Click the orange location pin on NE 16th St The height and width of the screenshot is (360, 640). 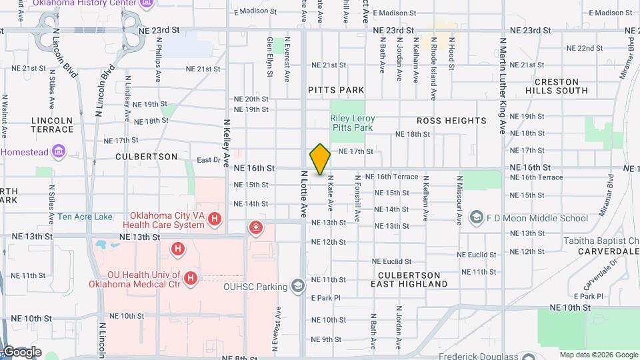(x=320, y=159)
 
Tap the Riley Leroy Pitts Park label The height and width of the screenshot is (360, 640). (x=353, y=123)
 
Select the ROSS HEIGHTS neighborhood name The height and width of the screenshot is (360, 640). (x=451, y=121)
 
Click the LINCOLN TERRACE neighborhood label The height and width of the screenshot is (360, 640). (x=51, y=125)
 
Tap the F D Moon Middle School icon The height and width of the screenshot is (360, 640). (x=477, y=217)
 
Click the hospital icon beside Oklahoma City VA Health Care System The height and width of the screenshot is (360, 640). (x=215, y=218)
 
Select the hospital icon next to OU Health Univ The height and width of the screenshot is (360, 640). (x=191, y=277)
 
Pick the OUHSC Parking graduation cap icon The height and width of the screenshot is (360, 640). (x=298, y=287)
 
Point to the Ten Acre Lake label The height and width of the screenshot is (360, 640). (x=85, y=217)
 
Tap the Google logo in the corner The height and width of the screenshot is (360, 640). (x=21, y=351)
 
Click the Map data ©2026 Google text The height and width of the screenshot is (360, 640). (x=597, y=355)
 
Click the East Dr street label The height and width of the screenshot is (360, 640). (x=209, y=160)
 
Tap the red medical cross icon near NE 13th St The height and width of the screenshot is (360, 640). (x=255, y=229)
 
